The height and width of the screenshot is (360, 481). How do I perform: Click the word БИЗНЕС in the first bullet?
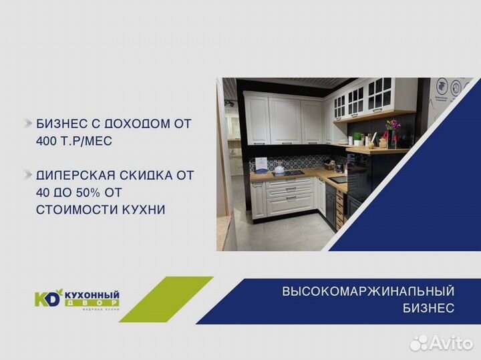click(58, 124)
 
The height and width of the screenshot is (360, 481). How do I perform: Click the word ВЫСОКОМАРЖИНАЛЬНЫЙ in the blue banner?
click(368, 291)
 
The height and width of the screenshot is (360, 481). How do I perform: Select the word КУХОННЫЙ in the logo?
click(92, 295)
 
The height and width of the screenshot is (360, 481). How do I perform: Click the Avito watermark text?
click(451, 343)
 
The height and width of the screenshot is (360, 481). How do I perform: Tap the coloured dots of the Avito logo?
click(419, 343)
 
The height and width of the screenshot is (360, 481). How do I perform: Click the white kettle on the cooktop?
click(279, 169)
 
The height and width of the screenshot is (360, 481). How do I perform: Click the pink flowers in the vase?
click(392, 126)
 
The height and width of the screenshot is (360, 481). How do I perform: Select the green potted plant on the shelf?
click(358, 138)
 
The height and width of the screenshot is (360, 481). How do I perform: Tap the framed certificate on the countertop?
click(262, 164)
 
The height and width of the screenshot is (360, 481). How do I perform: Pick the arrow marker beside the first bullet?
click(28, 124)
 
